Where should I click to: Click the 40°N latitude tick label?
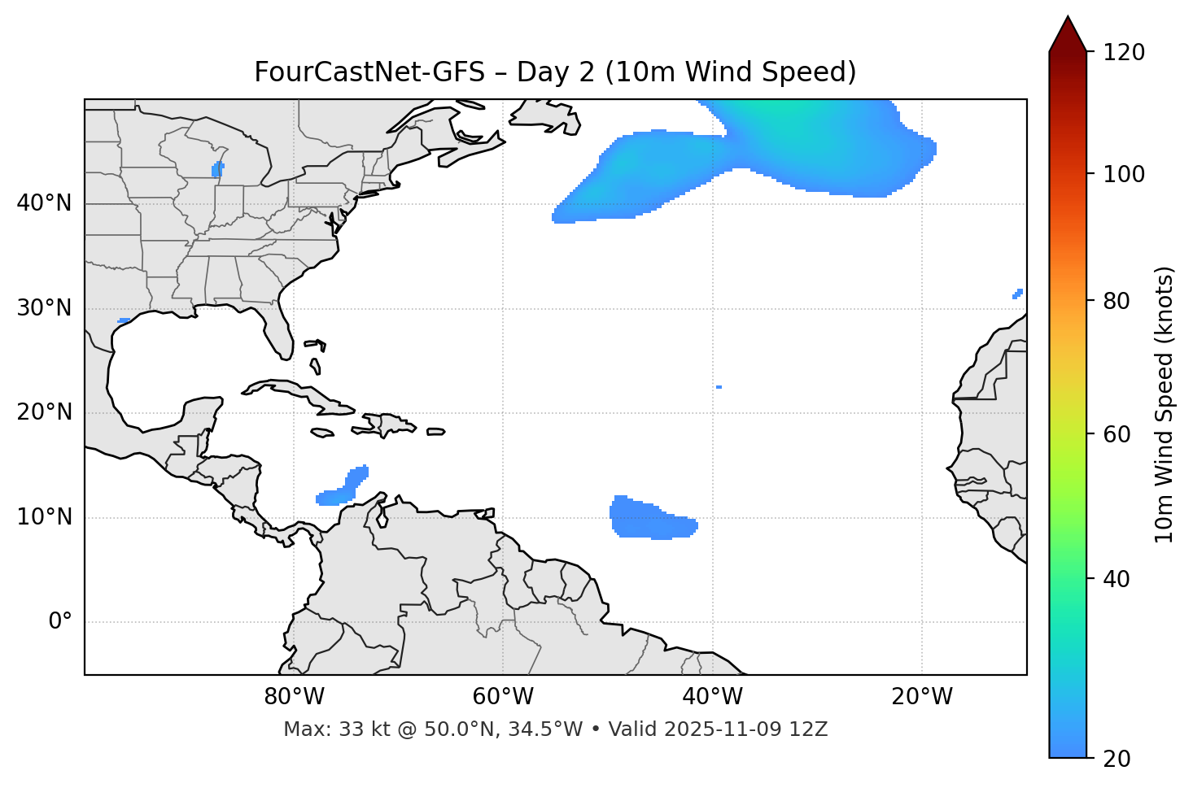click(44, 203)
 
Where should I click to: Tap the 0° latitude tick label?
click(60, 622)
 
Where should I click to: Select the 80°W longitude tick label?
click(294, 697)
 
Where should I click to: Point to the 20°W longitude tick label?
click(922, 697)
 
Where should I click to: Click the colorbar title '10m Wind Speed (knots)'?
click(1165, 404)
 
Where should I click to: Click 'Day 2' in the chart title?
click(554, 72)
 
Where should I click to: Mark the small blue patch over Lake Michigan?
click(217, 169)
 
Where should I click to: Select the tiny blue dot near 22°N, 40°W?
click(719, 387)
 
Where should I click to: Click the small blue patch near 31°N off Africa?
click(1017, 294)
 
